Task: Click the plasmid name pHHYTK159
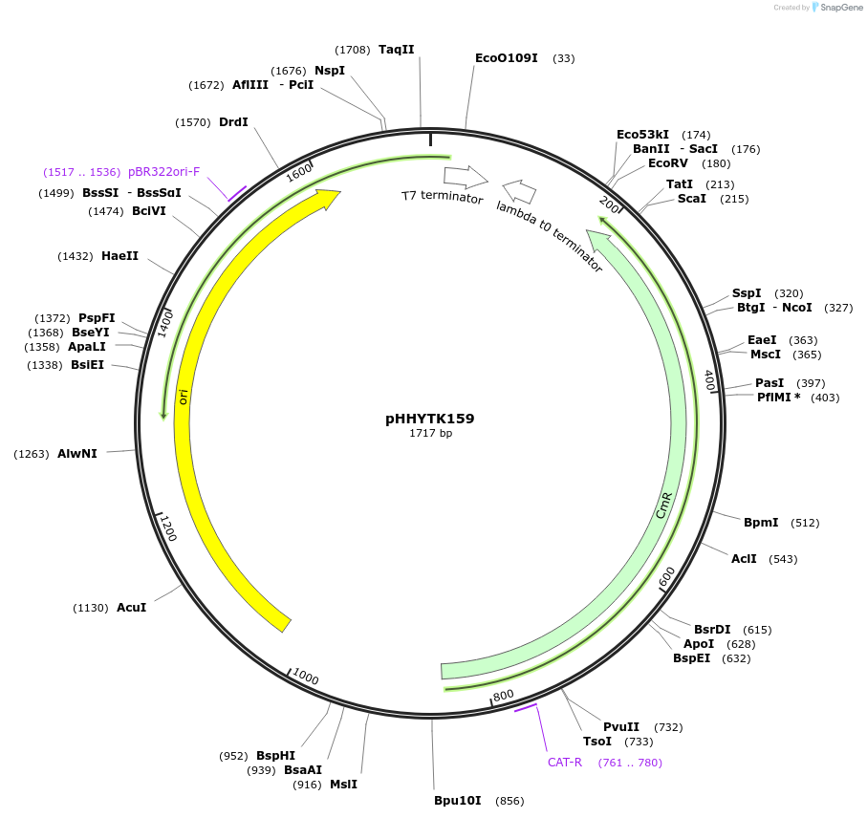click(429, 419)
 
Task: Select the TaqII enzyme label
click(397, 49)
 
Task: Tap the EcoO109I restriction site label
click(507, 58)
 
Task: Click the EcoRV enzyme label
click(668, 163)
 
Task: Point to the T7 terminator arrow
click(466, 177)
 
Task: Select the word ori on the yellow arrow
click(183, 397)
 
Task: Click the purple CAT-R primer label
click(565, 763)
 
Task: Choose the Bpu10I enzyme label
click(458, 800)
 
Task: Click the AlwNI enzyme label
click(77, 454)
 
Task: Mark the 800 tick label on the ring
click(504, 694)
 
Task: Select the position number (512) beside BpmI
click(805, 523)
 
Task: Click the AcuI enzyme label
click(132, 608)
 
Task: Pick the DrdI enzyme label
click(233, 122)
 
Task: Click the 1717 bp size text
click(430, 434)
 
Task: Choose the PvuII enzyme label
click(621, 727)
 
